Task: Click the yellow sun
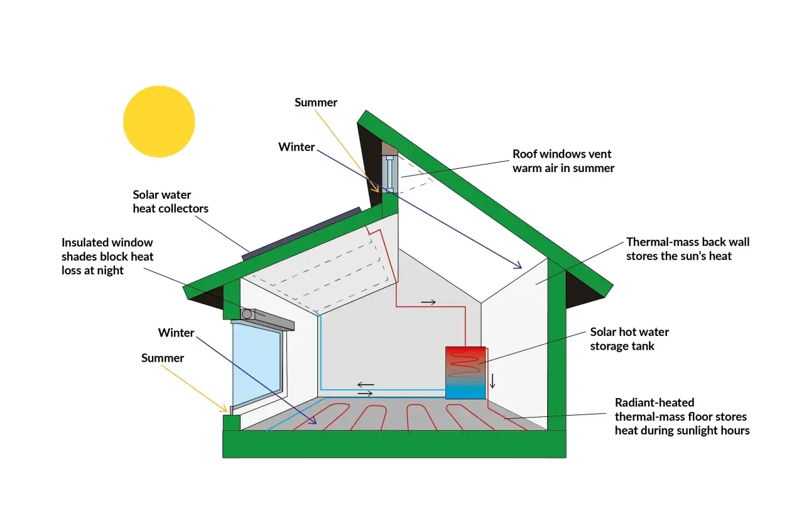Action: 159,121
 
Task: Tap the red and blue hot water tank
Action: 465,373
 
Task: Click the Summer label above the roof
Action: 316,102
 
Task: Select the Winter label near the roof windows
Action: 296,147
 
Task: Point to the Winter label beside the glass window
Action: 177,333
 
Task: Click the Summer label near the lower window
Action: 163,358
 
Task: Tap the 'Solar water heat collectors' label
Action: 170,202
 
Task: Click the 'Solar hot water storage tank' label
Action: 629,339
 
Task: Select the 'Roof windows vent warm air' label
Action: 563,161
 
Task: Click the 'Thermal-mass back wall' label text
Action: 688,249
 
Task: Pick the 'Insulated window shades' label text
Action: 107,257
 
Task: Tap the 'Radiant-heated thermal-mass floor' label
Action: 682,416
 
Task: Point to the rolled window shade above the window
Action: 268,318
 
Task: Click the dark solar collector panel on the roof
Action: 301,234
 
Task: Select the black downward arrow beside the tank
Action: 492,381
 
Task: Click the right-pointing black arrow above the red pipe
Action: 428,303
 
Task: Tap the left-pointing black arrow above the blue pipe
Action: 366,384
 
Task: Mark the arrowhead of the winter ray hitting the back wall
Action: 519,266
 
